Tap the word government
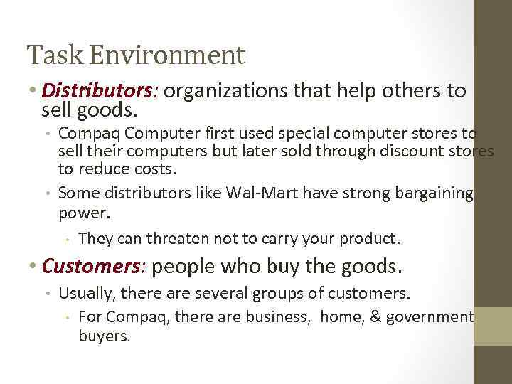430,317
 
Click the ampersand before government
374,317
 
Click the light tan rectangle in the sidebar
493,326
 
